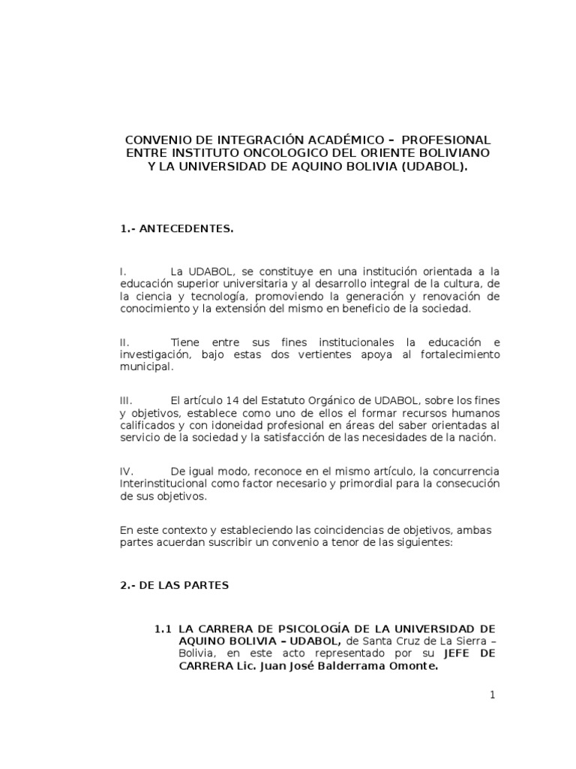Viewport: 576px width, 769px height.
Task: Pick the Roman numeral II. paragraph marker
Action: (x=124, y=342)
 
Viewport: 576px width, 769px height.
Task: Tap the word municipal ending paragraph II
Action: (x=145, y=367)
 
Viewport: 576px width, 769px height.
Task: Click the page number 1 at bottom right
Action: (x=493, y=695)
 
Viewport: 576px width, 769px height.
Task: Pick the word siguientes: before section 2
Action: (x=421, y=543)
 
